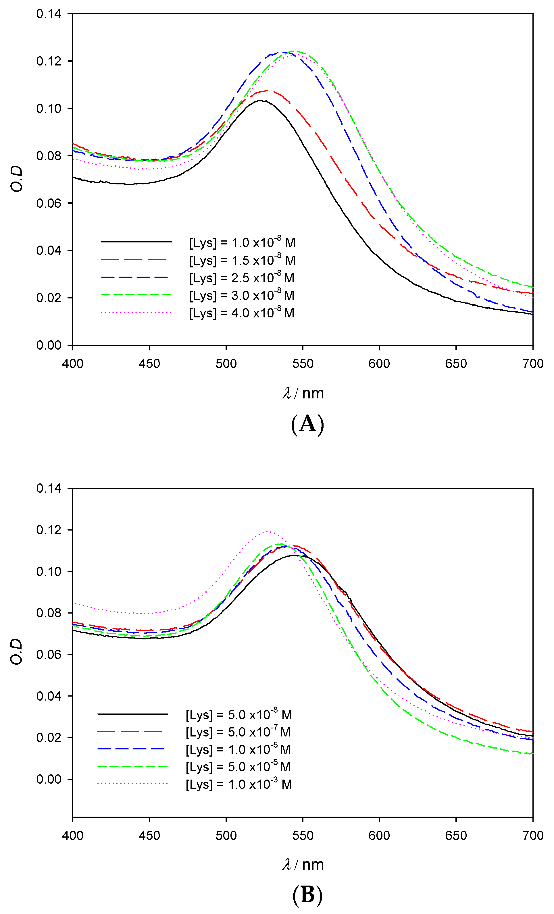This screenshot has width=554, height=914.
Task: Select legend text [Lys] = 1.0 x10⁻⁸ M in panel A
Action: tap(242, 243)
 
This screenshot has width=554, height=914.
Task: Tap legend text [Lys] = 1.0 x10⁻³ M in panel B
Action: tap(238, 784)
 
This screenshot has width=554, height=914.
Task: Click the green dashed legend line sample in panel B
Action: tap(132, 766)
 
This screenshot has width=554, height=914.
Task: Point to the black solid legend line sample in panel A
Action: tap(136, 242)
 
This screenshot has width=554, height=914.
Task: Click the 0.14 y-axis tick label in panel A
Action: tap(49, 14)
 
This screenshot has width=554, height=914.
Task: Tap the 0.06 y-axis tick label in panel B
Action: tap(49, 654)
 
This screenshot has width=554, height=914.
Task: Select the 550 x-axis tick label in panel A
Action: tap(303, 364)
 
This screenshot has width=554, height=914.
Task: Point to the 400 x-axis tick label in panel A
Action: tap(73, 364)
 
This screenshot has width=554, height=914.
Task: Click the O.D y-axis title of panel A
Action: tap(17, 179)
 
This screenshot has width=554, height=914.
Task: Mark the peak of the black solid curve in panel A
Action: tap(261, 101)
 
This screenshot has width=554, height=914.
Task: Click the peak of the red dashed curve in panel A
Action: tap(266, 90)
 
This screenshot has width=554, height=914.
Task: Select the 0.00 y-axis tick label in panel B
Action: tap(49, 779)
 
